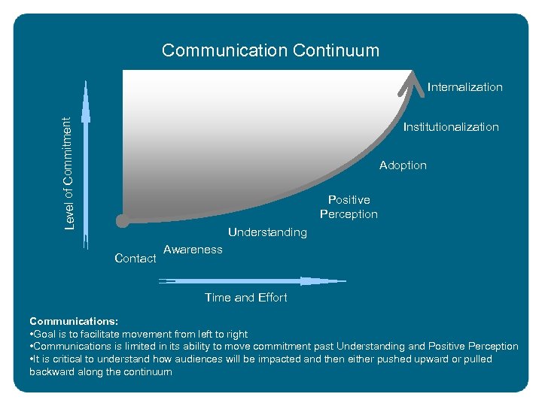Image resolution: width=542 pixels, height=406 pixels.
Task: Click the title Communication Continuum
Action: coord(270,50)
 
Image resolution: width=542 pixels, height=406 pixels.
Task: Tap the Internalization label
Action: coord(464,87)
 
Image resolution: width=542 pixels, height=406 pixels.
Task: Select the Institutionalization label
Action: coord(450,127)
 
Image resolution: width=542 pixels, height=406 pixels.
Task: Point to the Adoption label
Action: coord(403,165)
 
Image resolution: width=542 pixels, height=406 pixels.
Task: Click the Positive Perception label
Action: coord(349,207)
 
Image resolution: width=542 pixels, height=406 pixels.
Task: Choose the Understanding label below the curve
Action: coord(267,232)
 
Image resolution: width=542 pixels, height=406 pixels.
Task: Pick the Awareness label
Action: coord(193,250)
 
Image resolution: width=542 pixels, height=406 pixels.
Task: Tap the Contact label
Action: coord(135,259)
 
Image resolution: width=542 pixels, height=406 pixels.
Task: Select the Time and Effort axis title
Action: coord(245,298)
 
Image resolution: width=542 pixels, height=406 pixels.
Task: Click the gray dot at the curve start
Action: coord(122,221)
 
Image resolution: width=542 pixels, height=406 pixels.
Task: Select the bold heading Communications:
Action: coord(74,321)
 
